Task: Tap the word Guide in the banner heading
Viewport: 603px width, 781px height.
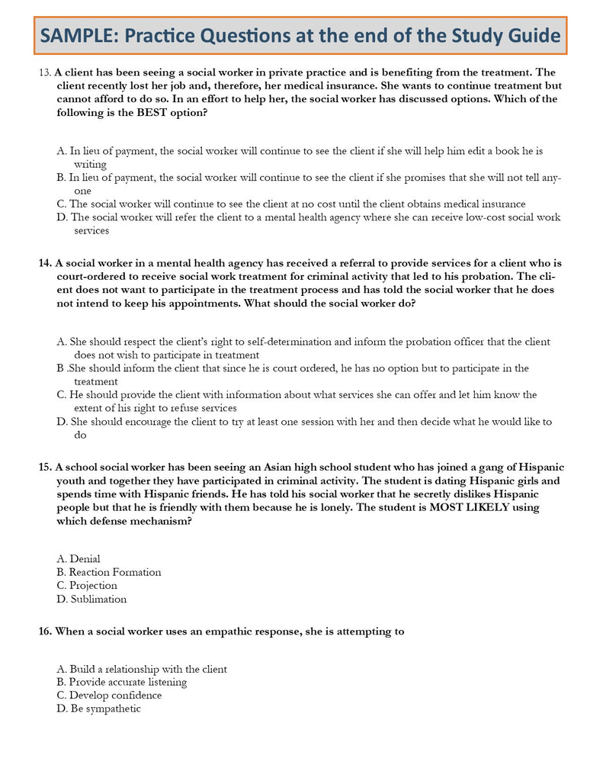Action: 531,36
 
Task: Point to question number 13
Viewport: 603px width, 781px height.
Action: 44,73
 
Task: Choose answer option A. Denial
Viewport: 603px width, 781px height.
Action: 79,559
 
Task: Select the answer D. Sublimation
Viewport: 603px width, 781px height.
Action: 91,599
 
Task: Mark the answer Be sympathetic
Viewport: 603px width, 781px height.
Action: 99,709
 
